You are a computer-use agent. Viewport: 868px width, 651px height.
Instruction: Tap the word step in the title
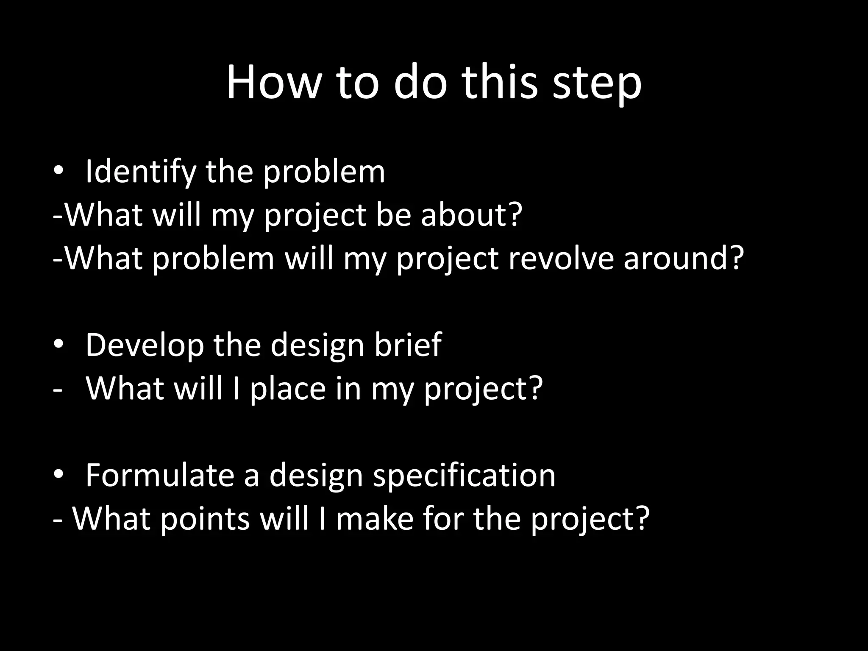click(597, 85)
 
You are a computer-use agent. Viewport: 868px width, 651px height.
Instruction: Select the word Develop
click(144, 346)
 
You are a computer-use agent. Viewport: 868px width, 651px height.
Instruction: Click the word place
click(287, 389)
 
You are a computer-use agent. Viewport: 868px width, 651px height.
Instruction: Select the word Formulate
click(160, 475)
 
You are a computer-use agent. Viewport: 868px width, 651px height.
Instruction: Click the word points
click(205, 519)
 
